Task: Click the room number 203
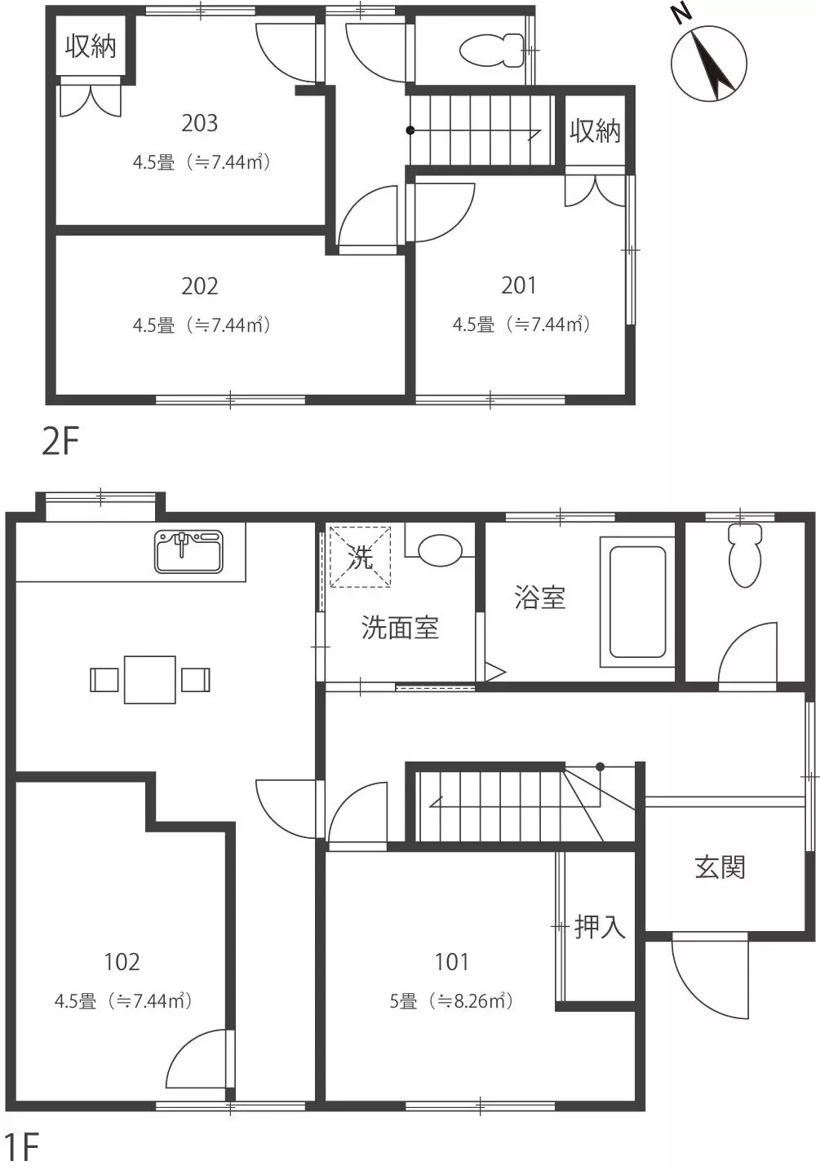click(199, 123)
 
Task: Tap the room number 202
click(199, 286)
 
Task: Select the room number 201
click(519, 285)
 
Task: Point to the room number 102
click(122, 962)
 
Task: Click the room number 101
click(452, 962)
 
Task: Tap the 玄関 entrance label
click(720, 867)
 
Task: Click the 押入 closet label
click(601, 927)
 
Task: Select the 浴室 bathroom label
click(540, 598)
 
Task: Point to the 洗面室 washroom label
click(400, 628)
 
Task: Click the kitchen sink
click(188, 551)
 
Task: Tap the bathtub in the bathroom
click(637, 602)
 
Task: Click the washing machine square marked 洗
click(360, 557)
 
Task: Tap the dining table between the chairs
click(149, 680)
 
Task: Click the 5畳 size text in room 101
click(403, 1001)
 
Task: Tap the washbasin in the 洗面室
click(440, 550)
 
